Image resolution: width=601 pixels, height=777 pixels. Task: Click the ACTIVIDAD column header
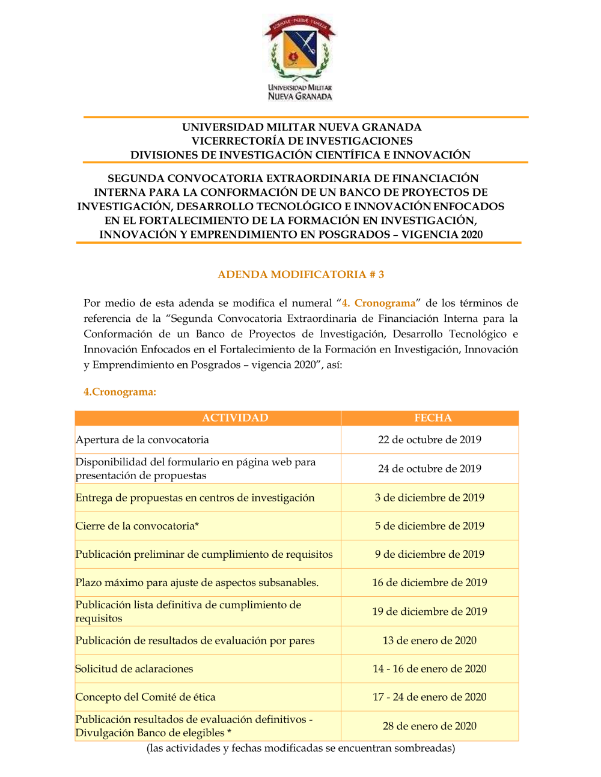point(235,418)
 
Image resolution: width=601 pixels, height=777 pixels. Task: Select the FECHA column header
point(433,418)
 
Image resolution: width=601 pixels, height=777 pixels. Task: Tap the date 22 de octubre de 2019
point(430,440)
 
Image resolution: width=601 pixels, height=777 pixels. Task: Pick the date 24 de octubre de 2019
point(430,468)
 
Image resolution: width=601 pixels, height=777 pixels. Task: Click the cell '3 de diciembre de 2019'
point(430,497)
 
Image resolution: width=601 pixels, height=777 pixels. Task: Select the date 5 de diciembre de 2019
point(430,525)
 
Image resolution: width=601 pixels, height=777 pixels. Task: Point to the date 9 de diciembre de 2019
point(430,554)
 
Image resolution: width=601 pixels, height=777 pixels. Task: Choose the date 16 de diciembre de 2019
point(430,582)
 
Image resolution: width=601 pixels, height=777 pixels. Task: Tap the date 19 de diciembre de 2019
point(430,611)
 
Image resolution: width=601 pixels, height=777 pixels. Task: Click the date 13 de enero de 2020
point(430,640)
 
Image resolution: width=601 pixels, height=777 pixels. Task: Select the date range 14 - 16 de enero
point(430,668)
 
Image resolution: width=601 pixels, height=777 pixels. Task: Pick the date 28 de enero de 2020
point(430,726)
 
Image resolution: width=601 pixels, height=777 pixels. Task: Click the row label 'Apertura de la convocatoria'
point(142,440)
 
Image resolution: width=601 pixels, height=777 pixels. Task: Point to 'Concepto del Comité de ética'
point(145,697)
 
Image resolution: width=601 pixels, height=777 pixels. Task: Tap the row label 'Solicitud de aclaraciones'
point(135,668)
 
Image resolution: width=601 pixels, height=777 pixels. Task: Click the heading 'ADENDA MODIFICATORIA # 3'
point(300,274)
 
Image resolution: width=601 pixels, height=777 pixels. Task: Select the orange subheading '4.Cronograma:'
point(120,392)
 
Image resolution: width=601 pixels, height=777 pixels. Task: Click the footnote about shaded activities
point(300,748)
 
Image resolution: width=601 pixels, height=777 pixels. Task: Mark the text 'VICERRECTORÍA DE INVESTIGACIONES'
point(302,141)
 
